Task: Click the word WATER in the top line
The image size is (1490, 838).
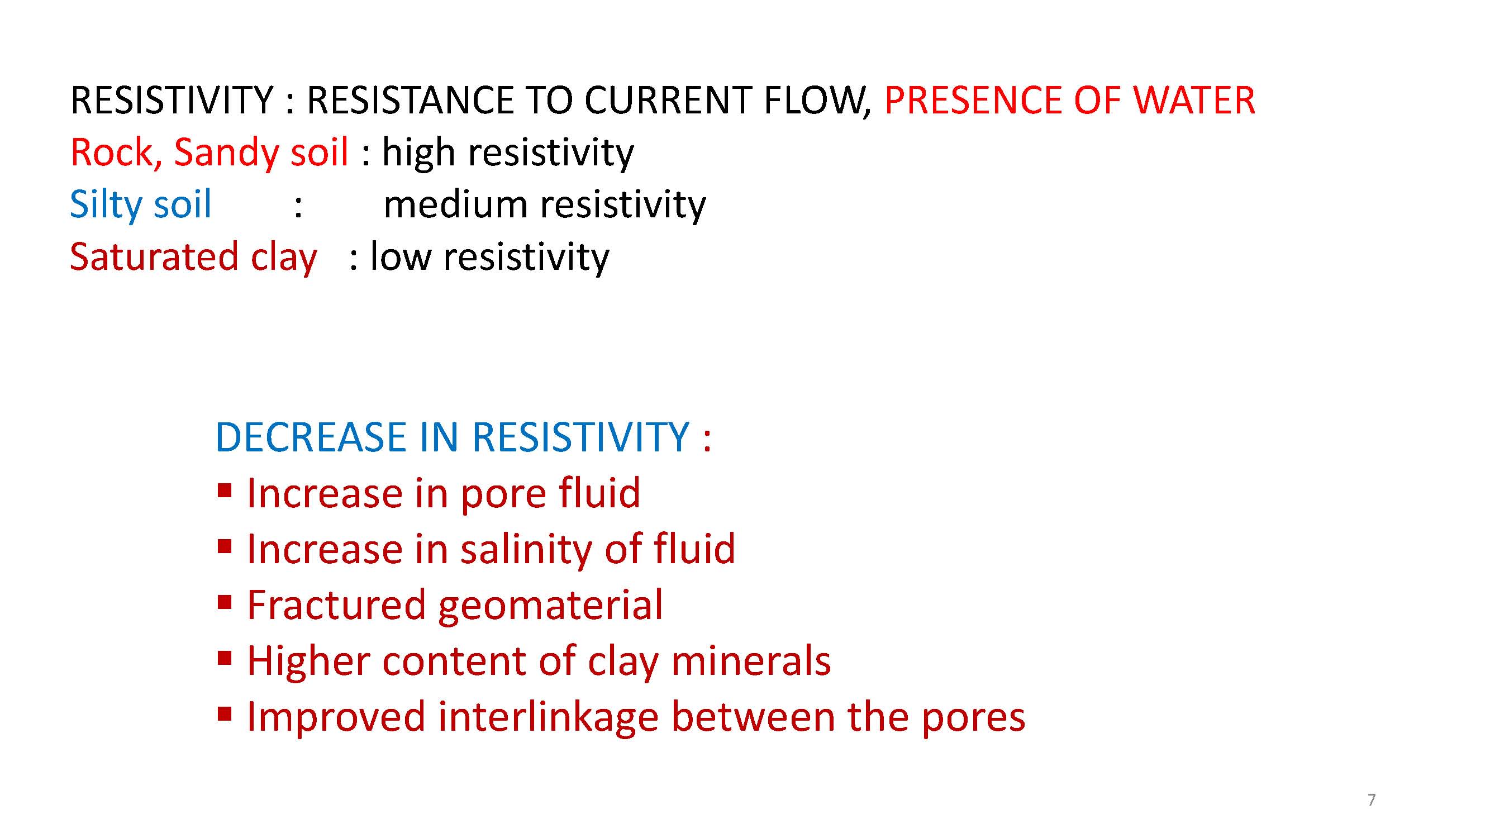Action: [1194, 100]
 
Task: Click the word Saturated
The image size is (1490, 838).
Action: [154, 257]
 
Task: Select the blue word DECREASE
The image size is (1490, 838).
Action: [311, 437]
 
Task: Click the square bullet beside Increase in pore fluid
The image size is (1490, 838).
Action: [225, 492]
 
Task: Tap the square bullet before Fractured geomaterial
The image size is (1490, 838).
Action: [225, 603]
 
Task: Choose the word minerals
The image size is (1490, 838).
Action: [751, 660]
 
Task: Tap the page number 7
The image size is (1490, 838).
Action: [1372, 800]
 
